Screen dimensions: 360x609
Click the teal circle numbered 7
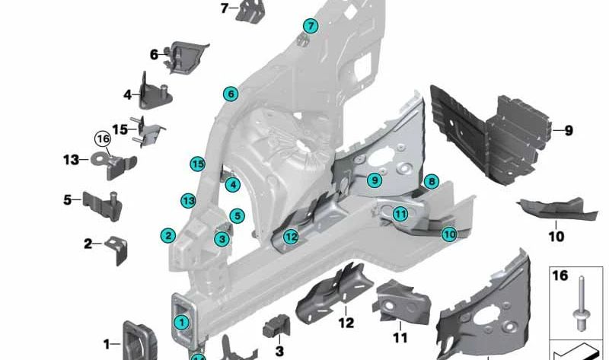[310, 27]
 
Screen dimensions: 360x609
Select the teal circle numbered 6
[231, 94]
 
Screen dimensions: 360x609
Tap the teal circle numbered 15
[198, 164]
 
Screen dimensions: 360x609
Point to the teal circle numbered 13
[189, 200]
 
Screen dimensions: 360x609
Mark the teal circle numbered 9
[373, 180]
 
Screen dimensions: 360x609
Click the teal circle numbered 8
[431, 181]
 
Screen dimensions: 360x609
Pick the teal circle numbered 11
[400, 214]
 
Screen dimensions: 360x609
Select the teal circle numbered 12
[291, 237]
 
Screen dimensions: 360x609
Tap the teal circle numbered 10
[449, 234]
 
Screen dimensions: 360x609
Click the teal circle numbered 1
[181, 322]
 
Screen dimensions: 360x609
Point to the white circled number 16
[103, 139]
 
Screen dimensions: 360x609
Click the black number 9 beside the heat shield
[567, 130]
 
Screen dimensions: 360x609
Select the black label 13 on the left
[70, 160]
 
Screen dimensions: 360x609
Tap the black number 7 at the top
[224, 8]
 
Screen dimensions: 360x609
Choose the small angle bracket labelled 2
[116, 248]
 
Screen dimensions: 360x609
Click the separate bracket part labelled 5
[102, 204]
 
